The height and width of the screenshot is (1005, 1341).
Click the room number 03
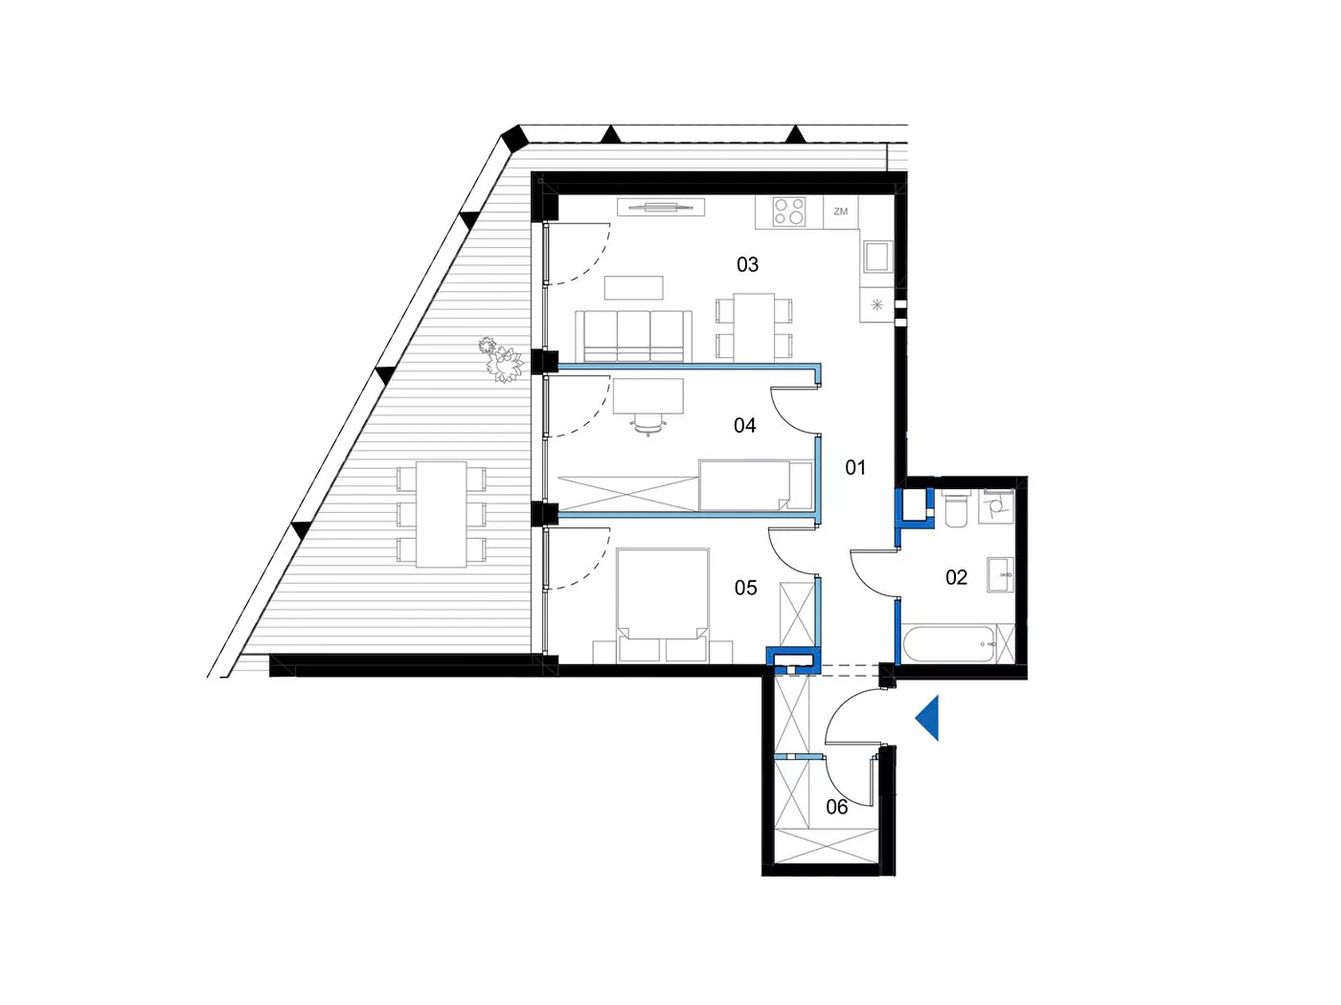pos(747,265)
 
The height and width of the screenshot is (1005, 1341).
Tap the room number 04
pos(744,425)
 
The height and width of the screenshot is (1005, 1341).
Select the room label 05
pos(745,588)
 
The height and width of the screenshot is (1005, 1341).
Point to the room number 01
pos(855,468)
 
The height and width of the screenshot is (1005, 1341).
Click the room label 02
pos(956,577)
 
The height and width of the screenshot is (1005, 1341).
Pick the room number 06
pos(836,807)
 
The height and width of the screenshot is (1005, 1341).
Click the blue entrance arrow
pos(927,719)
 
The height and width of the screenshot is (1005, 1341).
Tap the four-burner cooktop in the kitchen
pos(789,212)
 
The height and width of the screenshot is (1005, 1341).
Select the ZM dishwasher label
pos(841,212)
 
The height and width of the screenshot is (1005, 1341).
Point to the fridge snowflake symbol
pos(877,304)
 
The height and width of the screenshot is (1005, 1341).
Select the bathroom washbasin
pos(1000,574)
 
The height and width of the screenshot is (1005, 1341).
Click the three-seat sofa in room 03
pos(633,337)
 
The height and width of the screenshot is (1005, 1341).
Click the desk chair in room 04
pos(648,424)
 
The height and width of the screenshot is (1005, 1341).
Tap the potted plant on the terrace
pos(500,360)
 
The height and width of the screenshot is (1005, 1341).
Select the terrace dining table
pos(442,514)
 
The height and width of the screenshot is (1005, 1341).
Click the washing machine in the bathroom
pos(996,506)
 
